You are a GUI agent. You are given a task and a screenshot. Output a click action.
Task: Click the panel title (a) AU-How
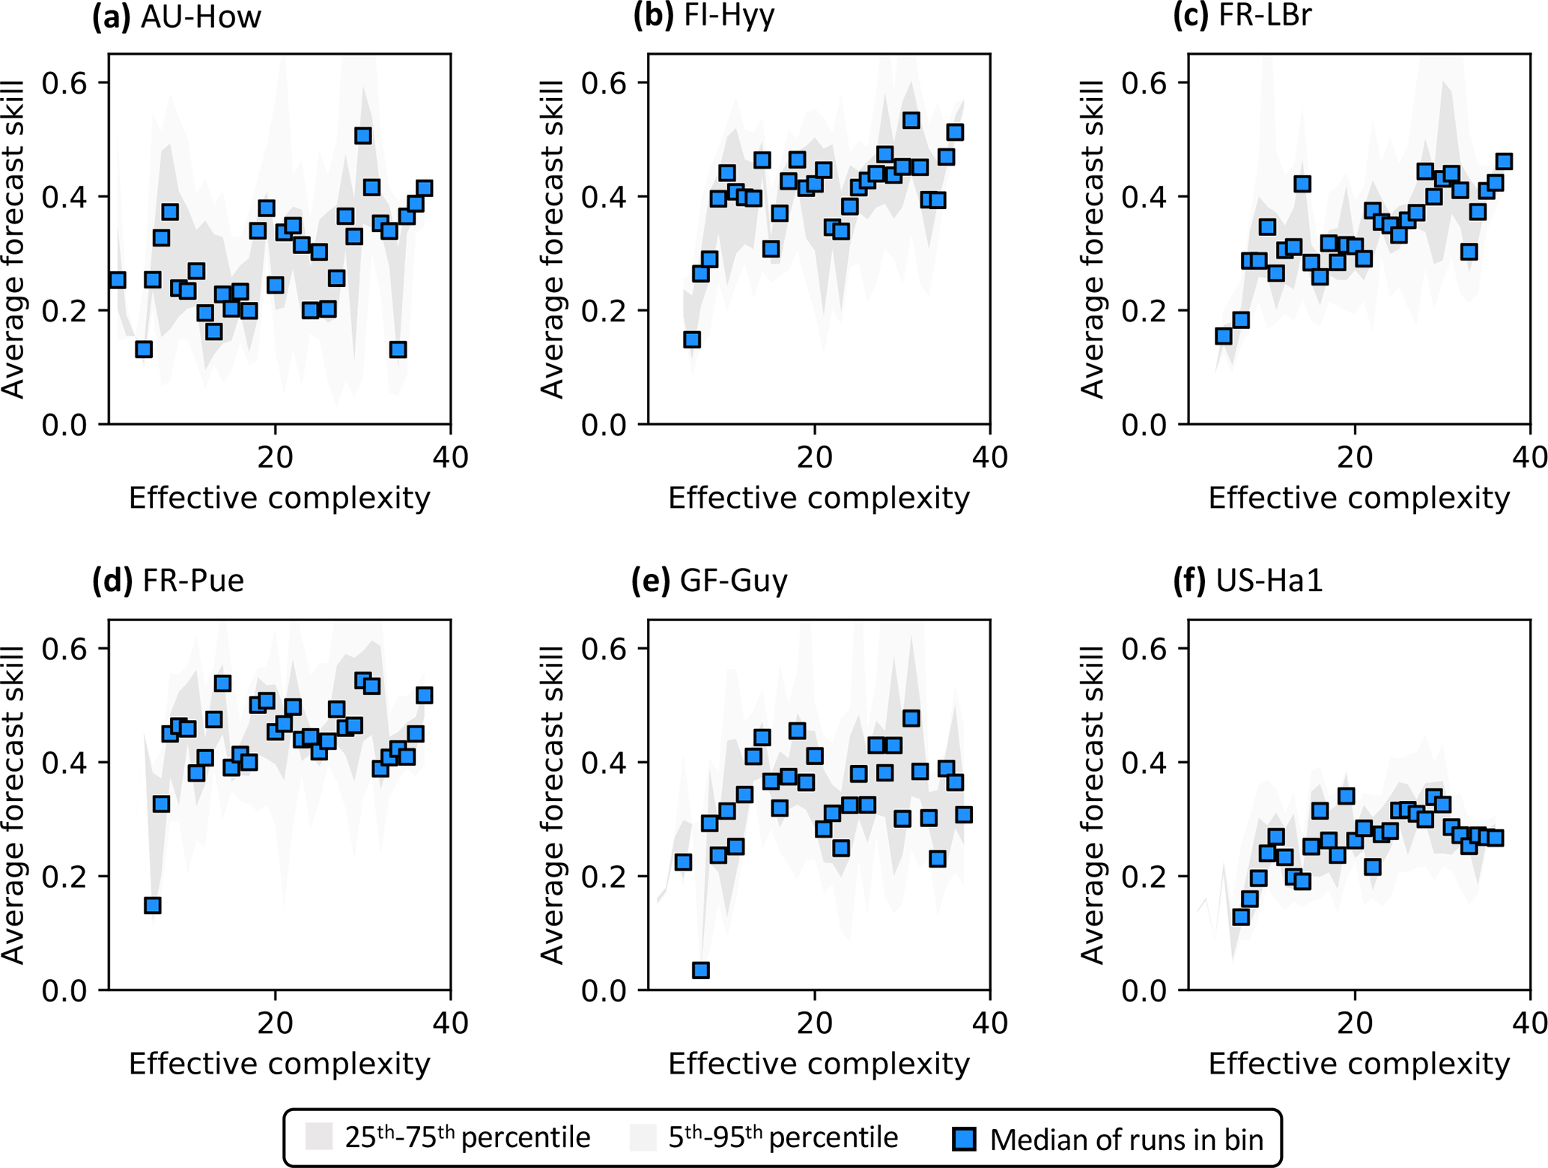click(177, 16)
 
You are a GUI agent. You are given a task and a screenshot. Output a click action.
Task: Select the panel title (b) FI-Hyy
click(703, 16)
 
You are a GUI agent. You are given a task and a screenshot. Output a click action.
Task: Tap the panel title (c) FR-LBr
click(1242, 16)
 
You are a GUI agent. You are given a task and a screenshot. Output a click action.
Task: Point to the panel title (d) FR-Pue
click(168, 581)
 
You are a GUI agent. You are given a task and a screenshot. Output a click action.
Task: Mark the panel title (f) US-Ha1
click(1248, 581)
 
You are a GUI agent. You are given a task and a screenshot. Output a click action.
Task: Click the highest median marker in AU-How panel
click(363, 136)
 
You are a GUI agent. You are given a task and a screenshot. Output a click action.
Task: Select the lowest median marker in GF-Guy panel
click(701, 970)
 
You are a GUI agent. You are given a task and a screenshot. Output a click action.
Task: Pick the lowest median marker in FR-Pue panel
click(153, 905)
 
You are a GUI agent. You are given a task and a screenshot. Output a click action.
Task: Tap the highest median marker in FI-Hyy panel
click(911, 120)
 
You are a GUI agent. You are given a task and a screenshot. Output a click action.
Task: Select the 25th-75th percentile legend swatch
click(319, 1137)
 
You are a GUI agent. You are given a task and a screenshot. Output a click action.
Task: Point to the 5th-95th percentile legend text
click(783, 1137)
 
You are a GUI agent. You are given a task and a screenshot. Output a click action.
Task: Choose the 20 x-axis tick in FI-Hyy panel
click(814, 457)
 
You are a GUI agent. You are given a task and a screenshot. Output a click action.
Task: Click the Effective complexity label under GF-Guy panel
click(819, 1064)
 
